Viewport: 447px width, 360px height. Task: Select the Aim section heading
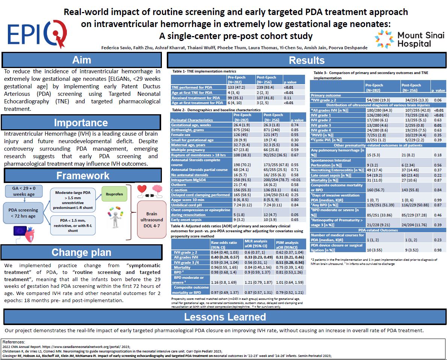(82, 60)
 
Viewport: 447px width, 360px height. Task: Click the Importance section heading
(81, 123)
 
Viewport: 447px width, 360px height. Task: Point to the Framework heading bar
(83, 175)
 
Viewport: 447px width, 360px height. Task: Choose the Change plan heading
(81, 252)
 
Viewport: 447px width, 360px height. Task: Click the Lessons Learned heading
(225, 317)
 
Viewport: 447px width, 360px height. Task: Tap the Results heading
(307, 60)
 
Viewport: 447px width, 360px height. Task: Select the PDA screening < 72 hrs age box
(23, 213)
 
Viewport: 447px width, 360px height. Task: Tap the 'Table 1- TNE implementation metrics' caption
(204, 71)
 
